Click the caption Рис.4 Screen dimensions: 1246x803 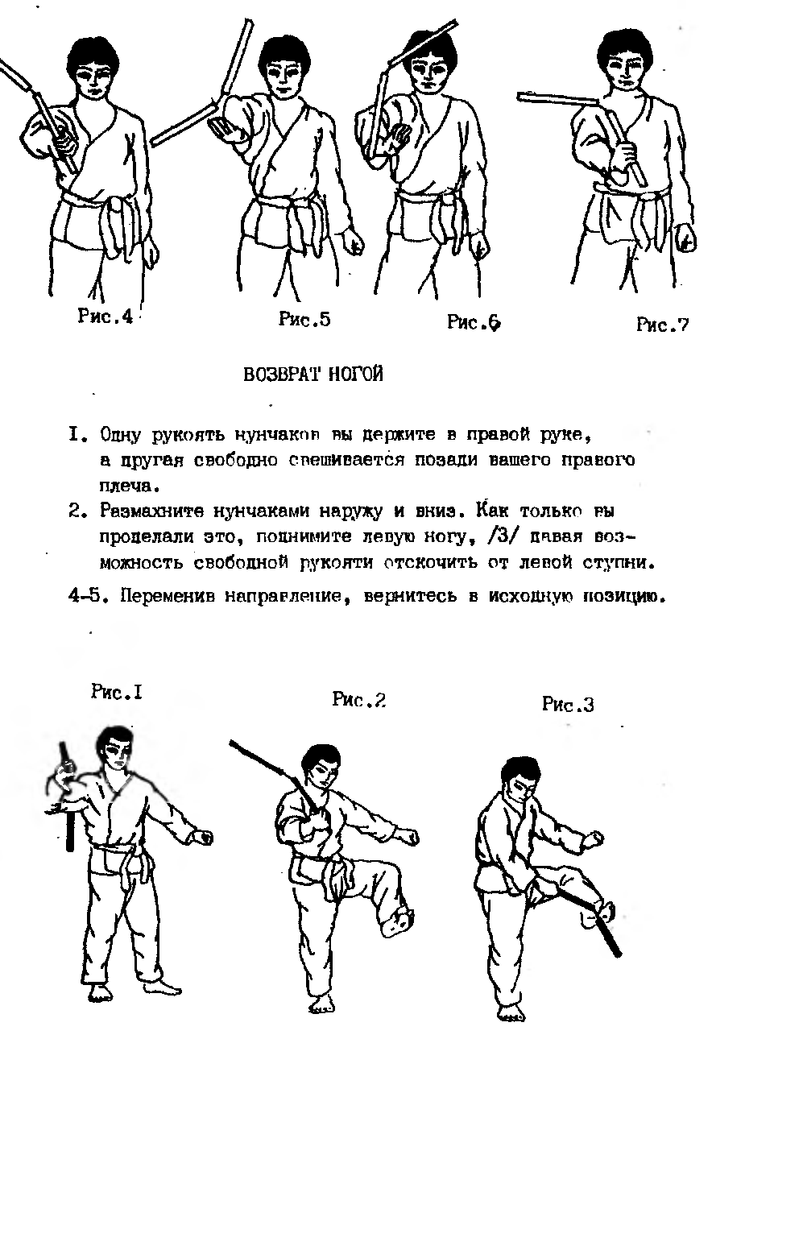click(x=105, y=317)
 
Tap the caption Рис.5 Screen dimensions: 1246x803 click(x=304, y=319)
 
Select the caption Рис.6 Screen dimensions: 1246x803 click(x=474, y=323)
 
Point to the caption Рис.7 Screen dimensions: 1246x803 click(x=662, y=325)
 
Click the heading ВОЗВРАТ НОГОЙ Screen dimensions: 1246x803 click(x=313, y=375)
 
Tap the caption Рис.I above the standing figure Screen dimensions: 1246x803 click(x=117, y=692)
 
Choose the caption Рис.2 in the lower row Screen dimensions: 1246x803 click(x=358, y=700)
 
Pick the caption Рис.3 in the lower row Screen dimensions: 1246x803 click(x=568, y=705)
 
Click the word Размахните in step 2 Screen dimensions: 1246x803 click(x=152, y=511)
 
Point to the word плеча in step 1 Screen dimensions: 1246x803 click(x=126, y=486)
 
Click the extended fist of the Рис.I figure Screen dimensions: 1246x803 click(x=203, y=838)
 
